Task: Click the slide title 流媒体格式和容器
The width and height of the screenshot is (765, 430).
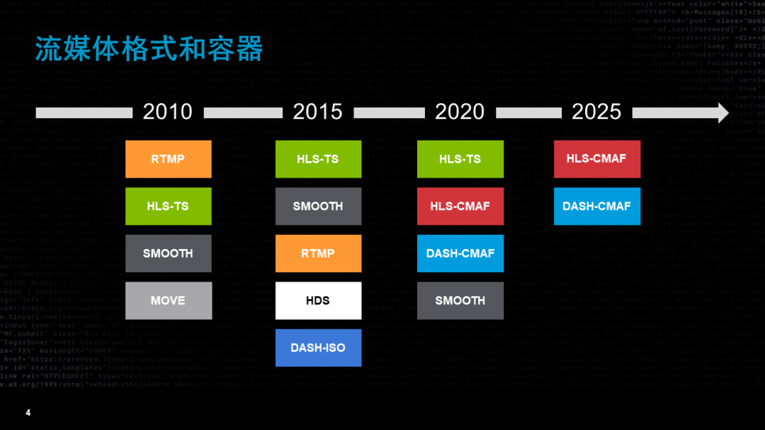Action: point(149,50)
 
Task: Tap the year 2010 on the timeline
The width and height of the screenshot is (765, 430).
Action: point(168,112)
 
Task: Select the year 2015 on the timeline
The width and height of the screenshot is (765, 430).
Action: point(317,112)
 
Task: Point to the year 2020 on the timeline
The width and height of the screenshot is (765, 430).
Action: point(460,112)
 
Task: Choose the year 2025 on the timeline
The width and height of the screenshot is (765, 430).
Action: point(596,112)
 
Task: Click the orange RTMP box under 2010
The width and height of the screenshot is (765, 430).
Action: point(168,159)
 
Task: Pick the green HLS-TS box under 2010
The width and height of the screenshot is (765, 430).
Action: point(168,207)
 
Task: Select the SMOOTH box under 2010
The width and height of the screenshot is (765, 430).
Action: point(168,253)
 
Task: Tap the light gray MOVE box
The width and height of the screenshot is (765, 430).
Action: point(168,301)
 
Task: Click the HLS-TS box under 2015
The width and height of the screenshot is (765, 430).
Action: point(318,159)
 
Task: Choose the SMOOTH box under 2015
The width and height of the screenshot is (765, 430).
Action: point(318,207)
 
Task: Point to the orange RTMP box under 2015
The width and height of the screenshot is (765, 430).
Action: point(318,253)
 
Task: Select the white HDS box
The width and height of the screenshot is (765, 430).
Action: point(318,301)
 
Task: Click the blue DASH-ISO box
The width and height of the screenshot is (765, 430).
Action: point(318,348)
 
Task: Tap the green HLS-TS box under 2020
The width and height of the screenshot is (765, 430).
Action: point(460,159)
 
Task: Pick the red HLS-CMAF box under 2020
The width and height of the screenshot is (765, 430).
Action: point(460,207)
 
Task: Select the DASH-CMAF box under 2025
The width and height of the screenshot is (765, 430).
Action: point(596,207)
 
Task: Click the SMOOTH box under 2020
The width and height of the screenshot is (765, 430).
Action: point(460,301)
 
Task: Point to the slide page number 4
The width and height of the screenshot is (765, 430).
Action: point(28,412)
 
